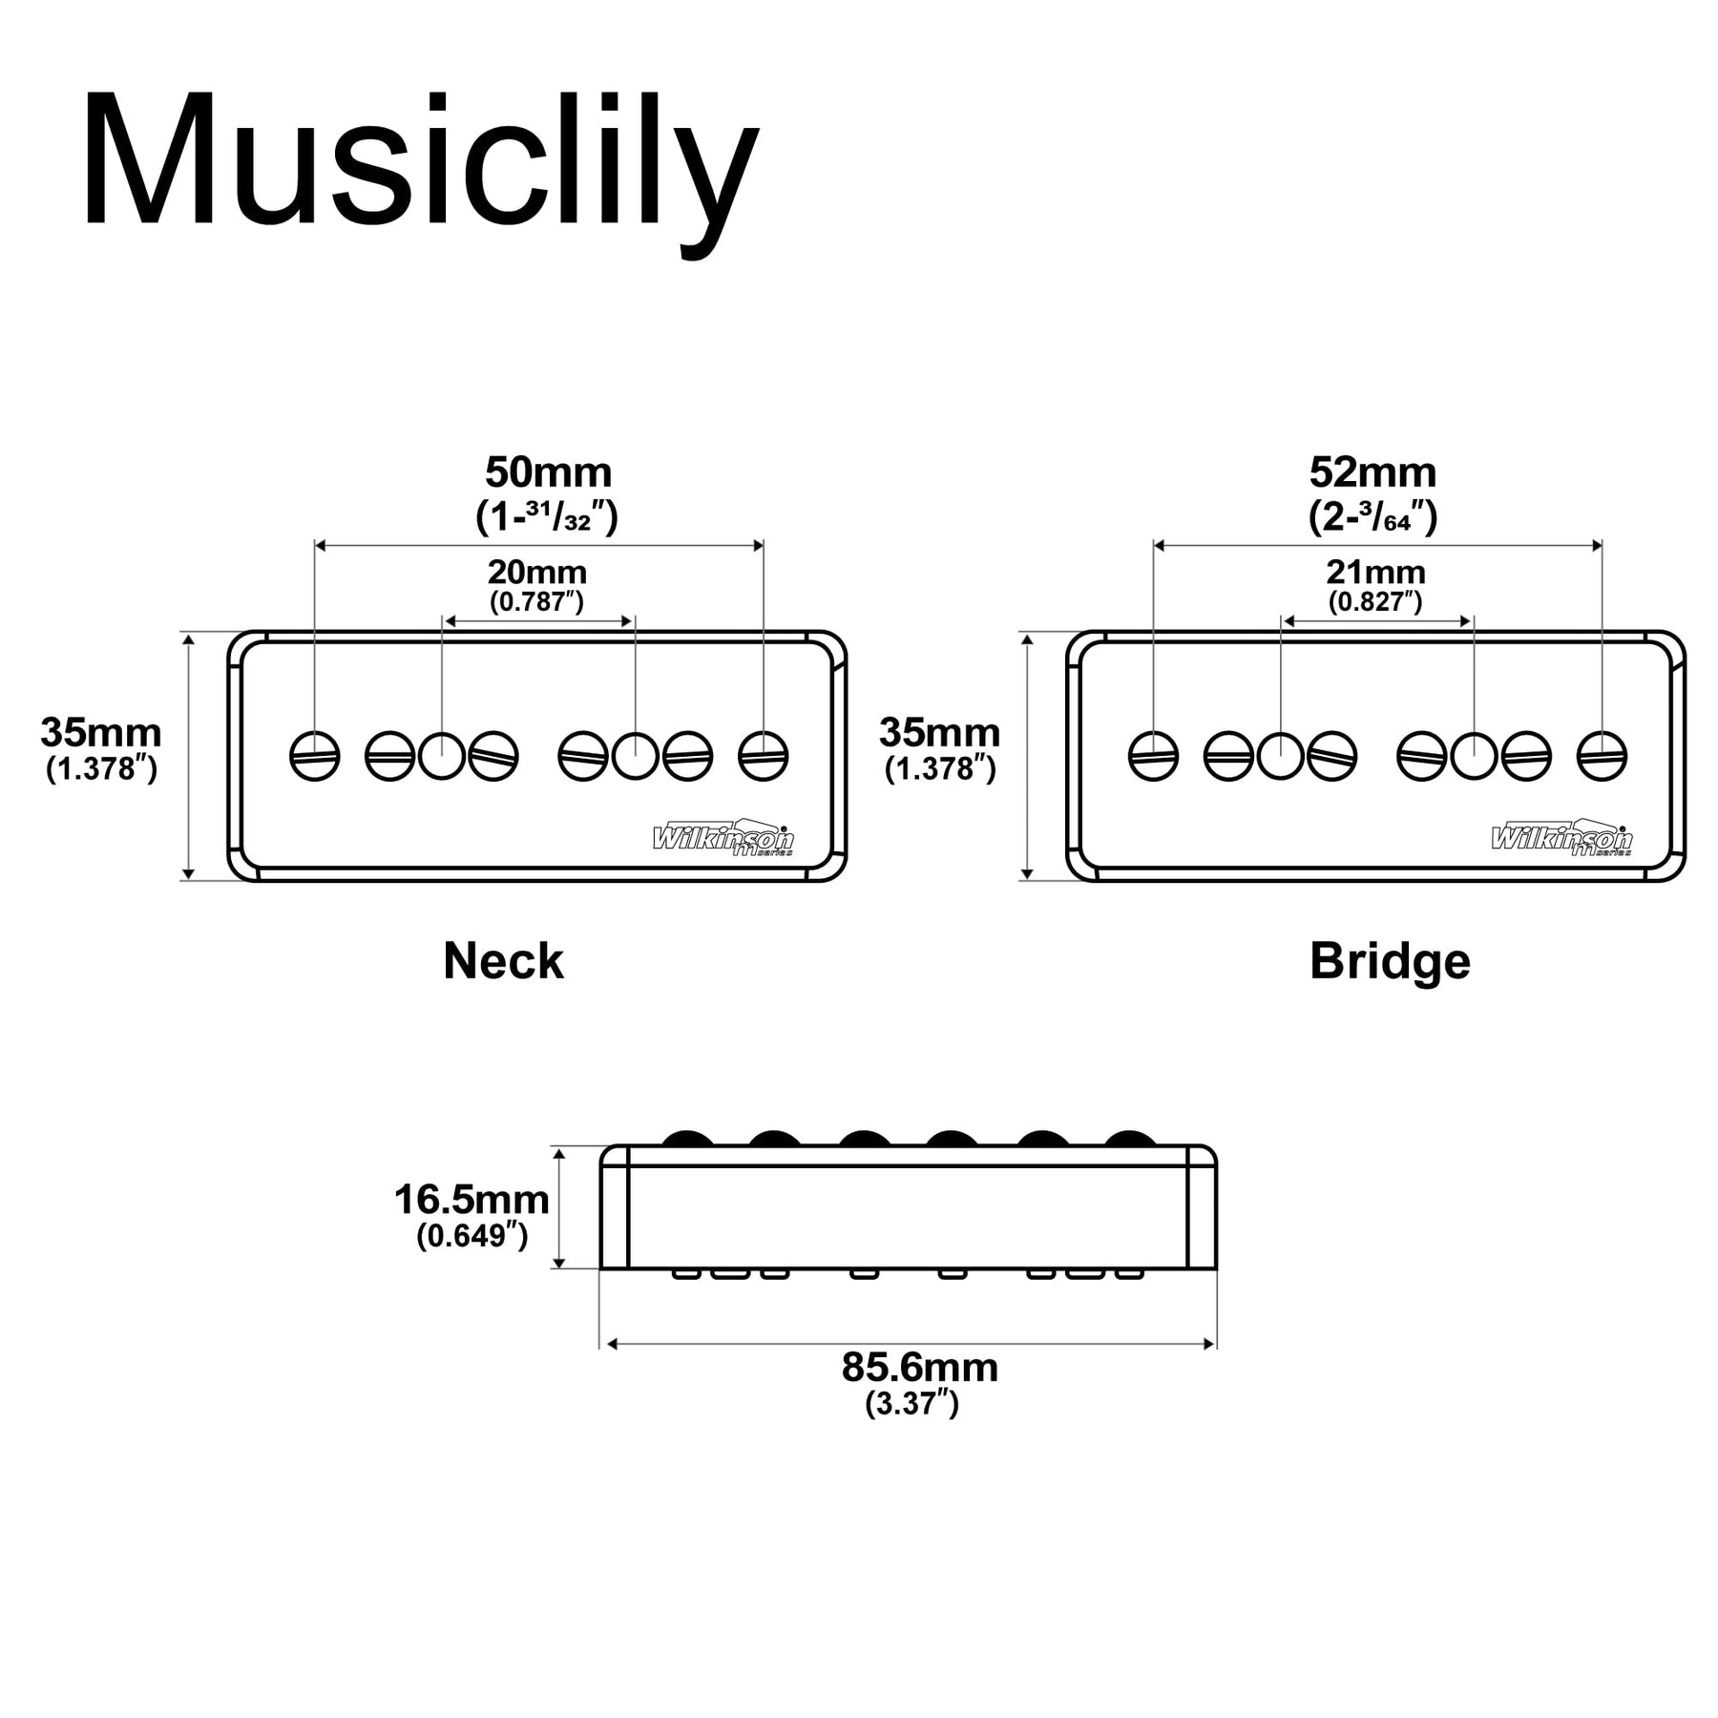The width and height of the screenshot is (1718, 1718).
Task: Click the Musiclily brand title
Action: click(420, 162)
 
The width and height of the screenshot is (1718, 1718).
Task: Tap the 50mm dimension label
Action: click(548, 472)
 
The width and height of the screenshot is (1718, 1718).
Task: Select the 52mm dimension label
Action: click(1372, 472)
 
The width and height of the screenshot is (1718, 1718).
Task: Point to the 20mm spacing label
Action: click(537, 573)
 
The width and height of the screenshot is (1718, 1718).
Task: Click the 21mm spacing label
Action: click(1375, 573)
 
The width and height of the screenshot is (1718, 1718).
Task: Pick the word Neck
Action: click(503, 961)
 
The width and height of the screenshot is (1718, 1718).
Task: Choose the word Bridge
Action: click(1390, 961)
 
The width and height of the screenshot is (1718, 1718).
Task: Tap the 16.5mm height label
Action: click(471, 1200)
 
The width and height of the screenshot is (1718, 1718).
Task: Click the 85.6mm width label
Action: click(920, 1368)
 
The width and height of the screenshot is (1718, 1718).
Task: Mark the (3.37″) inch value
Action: click(911, 1404)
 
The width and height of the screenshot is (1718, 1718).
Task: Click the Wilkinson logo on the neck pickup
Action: click(723, 838)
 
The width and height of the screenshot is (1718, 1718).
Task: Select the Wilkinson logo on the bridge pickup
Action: click(1561, 838)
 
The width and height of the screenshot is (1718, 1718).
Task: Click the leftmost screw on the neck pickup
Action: click(315, 756)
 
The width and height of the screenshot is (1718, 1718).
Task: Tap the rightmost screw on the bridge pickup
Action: click(1602, 756)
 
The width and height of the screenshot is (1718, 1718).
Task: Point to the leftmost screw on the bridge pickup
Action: click(1153, 756)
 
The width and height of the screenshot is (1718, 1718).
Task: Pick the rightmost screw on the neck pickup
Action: click(764, 756)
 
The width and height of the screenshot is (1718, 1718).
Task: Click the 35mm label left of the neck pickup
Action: click(101, 733)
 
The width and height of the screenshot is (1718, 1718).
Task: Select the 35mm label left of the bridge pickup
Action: click(939, 733)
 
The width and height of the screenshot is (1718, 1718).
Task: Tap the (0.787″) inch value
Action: click(536, 602)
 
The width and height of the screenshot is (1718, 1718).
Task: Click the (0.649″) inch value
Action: click(471, 1236)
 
